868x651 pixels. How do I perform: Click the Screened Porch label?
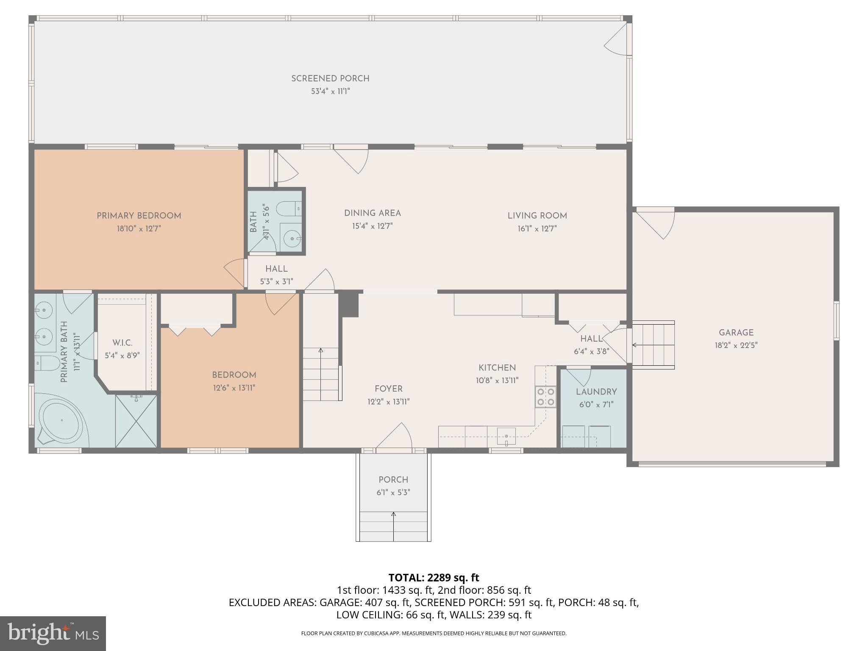pyautogui.click(x=330, y=78)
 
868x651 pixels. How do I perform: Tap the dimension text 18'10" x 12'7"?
pyautogui.click(x=139, y=228)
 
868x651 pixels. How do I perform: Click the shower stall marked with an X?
pyautogui.click(x=136, y=421)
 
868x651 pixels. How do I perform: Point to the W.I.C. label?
pyautogui.click(x=122, y=342)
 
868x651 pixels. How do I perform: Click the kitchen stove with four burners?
pyautogui.click(x=545, y=397)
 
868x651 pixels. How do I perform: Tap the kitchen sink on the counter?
pyautogui.click(x=506, y=437)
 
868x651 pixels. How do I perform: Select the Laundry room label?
pyautogui.click(x=596, y=392)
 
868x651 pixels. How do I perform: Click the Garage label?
pyautogui.click(x=736, y=333)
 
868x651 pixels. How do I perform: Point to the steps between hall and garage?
pyautogui.click(x=653, y=345)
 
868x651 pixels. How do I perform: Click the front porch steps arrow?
pyautogui.click(x=393, y=526)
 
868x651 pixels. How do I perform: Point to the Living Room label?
pyautogui.click(x=537, y=216)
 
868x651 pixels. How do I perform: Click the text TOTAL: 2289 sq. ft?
pyautogui.click(x=434, y=578)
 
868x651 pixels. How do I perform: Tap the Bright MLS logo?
pyautogui.click(x=53, y=634)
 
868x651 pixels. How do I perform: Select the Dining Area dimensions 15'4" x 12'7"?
pyautogui.click(x=372, y=226)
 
